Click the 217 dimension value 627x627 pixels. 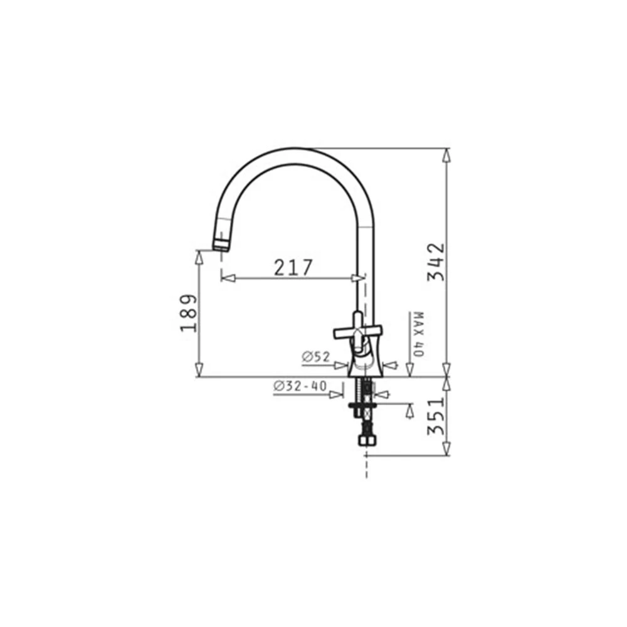pos(293,268)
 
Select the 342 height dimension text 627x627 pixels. pos(436,262)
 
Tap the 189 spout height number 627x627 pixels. pos(189,313)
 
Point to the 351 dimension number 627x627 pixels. pos(436,416)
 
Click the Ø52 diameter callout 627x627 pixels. pos(316,357)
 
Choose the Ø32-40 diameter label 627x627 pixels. pos(300,386)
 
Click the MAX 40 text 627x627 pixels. pos(418,334)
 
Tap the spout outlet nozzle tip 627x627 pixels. pos(221,245)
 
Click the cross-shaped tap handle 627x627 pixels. pos(358,332)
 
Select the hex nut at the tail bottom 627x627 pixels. pos(366,441)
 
